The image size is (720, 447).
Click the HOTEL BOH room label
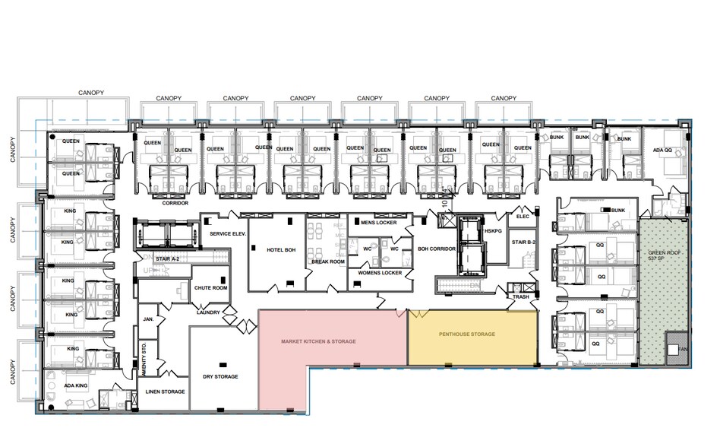(280, 249)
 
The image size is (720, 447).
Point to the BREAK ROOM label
(327, 262)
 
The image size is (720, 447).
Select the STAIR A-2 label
(168, 259)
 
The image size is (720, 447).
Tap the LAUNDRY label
(208, 312)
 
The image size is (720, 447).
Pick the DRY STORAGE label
(221, 376)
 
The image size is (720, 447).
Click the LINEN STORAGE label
(165, 392)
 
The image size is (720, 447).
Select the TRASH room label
(520, 296)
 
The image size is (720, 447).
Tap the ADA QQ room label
(663, 151)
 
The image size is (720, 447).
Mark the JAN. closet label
(148, 320)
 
